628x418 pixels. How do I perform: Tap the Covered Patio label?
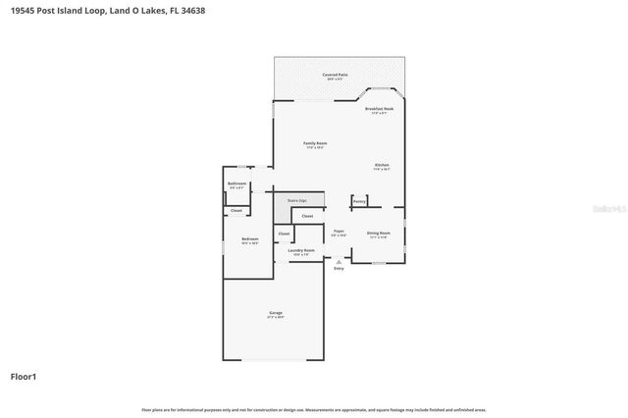click(x=336, y=75)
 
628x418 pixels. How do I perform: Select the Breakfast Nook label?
click(x=379, y=109)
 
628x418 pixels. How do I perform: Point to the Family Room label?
click(x=315, y=143)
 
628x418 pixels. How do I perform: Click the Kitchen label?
click(x=382, y=165)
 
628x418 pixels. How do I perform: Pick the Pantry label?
click(x=359, y=201)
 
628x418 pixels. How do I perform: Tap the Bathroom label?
click(x=236, y=183)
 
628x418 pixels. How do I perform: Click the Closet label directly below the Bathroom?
click(x=235, y=211)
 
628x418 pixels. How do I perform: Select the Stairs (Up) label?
click(x=296, y=200)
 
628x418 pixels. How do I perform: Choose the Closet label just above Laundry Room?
click(x=284, y=234)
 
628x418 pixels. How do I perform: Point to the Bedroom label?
click(x=250, y=239)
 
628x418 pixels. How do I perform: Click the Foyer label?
click(x=339, y=233)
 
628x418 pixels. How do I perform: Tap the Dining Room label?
click(x=378, y=234)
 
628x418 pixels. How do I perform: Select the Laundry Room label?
click(x=301, y=250)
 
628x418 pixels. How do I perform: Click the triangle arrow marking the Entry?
click(x=339, y=262)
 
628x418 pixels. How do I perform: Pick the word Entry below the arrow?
click(x=339, y=269)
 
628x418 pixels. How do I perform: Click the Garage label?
click(x=276, y=313)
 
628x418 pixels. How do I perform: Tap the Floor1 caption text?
click(x=25, y=376)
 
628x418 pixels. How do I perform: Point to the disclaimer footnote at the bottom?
click(x=314, y=409)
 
